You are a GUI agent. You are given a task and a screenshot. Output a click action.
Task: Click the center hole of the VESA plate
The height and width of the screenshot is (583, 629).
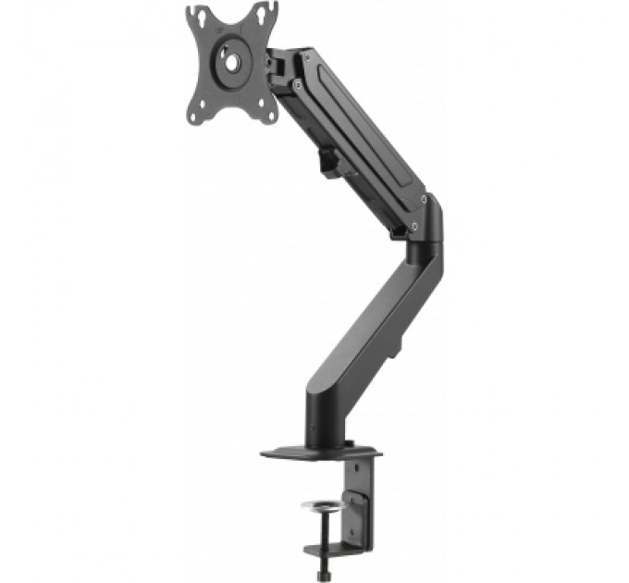coord(230,62)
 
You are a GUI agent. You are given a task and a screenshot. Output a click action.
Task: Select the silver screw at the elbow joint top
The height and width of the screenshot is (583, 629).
coord(424,199)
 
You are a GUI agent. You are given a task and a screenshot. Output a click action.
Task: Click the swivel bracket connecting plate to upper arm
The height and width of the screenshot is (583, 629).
coord(277,65)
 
